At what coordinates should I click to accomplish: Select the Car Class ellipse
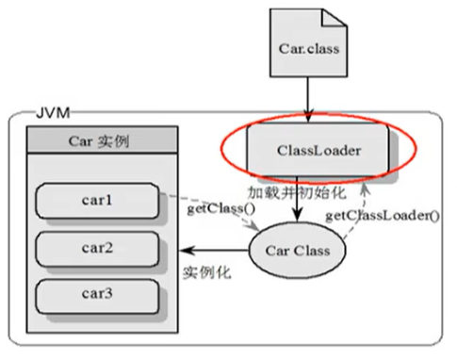(x=296, y=250)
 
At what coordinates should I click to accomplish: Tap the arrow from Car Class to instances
(x=217, y=251)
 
